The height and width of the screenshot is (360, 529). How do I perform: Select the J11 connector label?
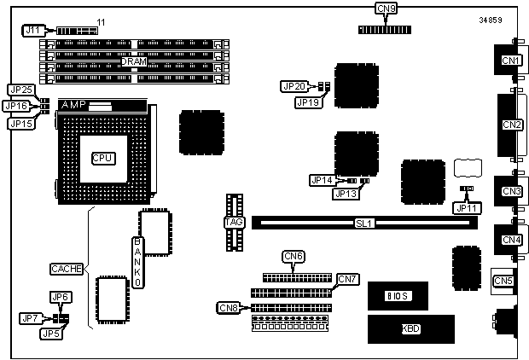pos(32,31)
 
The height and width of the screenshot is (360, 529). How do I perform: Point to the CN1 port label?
pos(511,61)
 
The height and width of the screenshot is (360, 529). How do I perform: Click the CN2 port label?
pos(512,125)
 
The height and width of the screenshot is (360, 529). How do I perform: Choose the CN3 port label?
pos(511,191)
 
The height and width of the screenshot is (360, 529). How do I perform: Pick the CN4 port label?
pos(511,240)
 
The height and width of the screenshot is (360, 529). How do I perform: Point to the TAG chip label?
pos(233,223)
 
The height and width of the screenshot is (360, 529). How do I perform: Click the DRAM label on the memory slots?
pos(133,61)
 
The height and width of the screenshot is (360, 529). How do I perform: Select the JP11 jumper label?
pos(466,206)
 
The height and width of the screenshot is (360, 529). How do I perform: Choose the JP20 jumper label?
pos(294,86)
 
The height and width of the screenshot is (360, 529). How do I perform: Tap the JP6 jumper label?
pos(59,297)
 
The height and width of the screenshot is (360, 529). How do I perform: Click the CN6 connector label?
pos(293,256)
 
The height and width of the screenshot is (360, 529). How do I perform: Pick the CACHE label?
pos(66,269)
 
